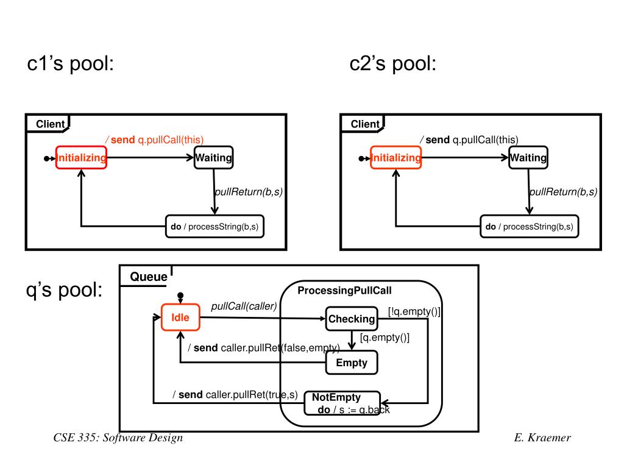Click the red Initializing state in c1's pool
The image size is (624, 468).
point(81,158)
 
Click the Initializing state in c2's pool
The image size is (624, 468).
point(396,158)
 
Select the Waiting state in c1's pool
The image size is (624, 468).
point(213,158)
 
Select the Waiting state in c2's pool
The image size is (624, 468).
point(528,158)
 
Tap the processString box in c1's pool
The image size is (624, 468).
point(216,227)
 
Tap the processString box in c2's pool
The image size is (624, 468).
point(530,227)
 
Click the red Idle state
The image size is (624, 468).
point(180,317)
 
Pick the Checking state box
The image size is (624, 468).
point(352,319)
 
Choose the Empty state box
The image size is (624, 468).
point(352,363)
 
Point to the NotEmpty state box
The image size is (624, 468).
point(341,403)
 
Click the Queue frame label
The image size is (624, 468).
point(149,277)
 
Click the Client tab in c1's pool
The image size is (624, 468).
point(50,124)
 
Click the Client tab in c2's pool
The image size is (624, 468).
point(365,124)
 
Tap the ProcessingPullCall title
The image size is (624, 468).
point(344,291)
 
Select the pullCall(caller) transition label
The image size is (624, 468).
point(244,306)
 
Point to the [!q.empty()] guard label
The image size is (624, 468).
point(414,311)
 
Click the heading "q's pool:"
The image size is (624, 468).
point(64,291)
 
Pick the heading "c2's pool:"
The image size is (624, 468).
point(393,63)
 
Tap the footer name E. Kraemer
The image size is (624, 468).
point(542,438)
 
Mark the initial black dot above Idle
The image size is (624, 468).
point(180,296)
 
